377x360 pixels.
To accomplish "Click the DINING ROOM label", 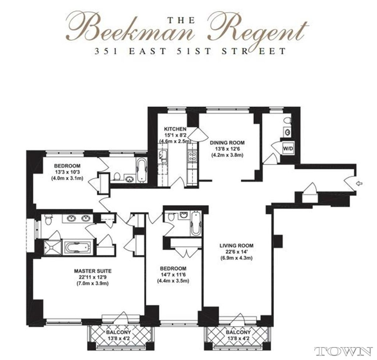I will coord(227,143).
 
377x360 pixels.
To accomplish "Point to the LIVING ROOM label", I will coord(237,245).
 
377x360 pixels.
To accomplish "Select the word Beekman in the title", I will coord(132,30).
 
